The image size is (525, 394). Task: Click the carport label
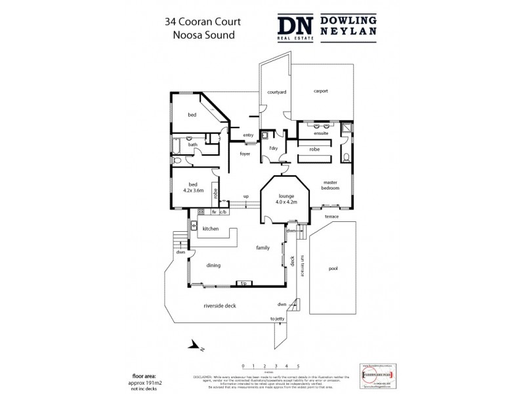(x=320, y=91)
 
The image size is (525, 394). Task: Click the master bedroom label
(x=330, y=185)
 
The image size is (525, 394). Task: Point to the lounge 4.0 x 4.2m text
(x=285, y=200)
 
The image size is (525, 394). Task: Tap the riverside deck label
(x=220, y=306)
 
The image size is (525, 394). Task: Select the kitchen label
(x=210, y=229)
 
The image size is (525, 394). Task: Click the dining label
(x=213, y=265)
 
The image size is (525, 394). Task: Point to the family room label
(x=263, y=248)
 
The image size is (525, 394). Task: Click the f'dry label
(x=274, y=149)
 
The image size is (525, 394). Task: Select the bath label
(x=193, y=144)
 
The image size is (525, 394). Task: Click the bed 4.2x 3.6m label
(x=193, y=188)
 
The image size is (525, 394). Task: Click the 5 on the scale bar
(x=299, y=365)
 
